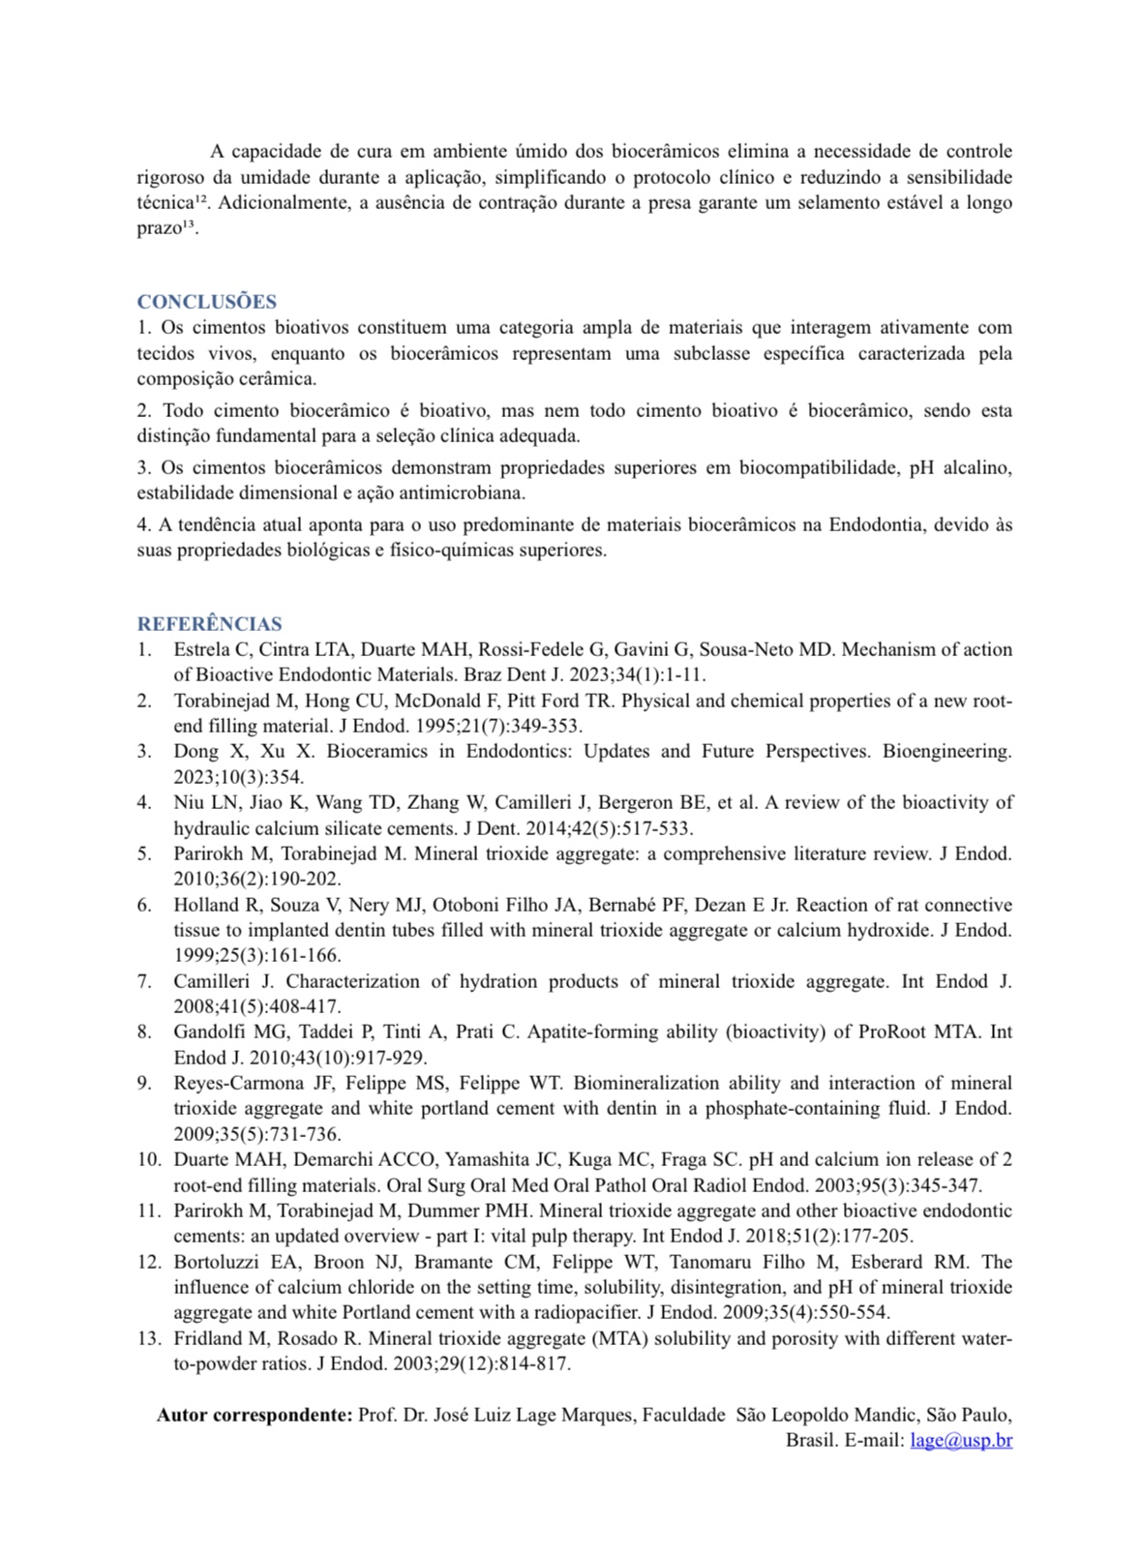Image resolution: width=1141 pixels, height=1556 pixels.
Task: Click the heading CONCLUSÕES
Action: tap(206, 302)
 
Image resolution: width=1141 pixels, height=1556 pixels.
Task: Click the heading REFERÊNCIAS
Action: tap(209, 624)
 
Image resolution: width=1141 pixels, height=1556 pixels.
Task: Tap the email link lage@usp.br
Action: tap(961, 1440)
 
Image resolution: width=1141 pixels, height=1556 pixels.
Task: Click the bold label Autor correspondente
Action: tap(255, 1415)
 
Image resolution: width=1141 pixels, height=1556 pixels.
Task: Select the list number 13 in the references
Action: tap(148, 1338)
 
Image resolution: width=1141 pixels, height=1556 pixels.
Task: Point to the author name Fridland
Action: tap(206, 1338)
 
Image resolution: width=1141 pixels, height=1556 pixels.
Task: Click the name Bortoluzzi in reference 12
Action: tap(216, 1262)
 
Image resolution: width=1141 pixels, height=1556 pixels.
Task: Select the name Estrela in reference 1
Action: tap(202, 649)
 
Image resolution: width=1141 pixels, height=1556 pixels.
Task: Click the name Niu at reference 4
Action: tap(189, 802)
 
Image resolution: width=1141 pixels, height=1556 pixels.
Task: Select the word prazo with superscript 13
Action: tap(160, 228)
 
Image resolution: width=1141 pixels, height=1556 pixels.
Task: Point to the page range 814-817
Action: tap(537, 1363)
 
